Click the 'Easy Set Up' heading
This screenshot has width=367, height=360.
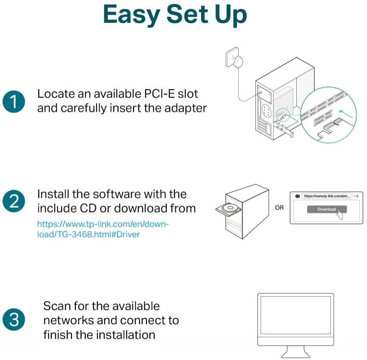(175, 15)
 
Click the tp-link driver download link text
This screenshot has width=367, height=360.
(103, 229)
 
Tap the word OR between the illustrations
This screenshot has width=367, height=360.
(280, 207)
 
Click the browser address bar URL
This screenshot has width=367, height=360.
(327, 196)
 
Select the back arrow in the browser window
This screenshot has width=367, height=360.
(297, 196)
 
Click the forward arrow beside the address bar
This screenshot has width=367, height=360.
(356, 196)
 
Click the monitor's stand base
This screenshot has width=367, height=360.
(295, 354)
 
